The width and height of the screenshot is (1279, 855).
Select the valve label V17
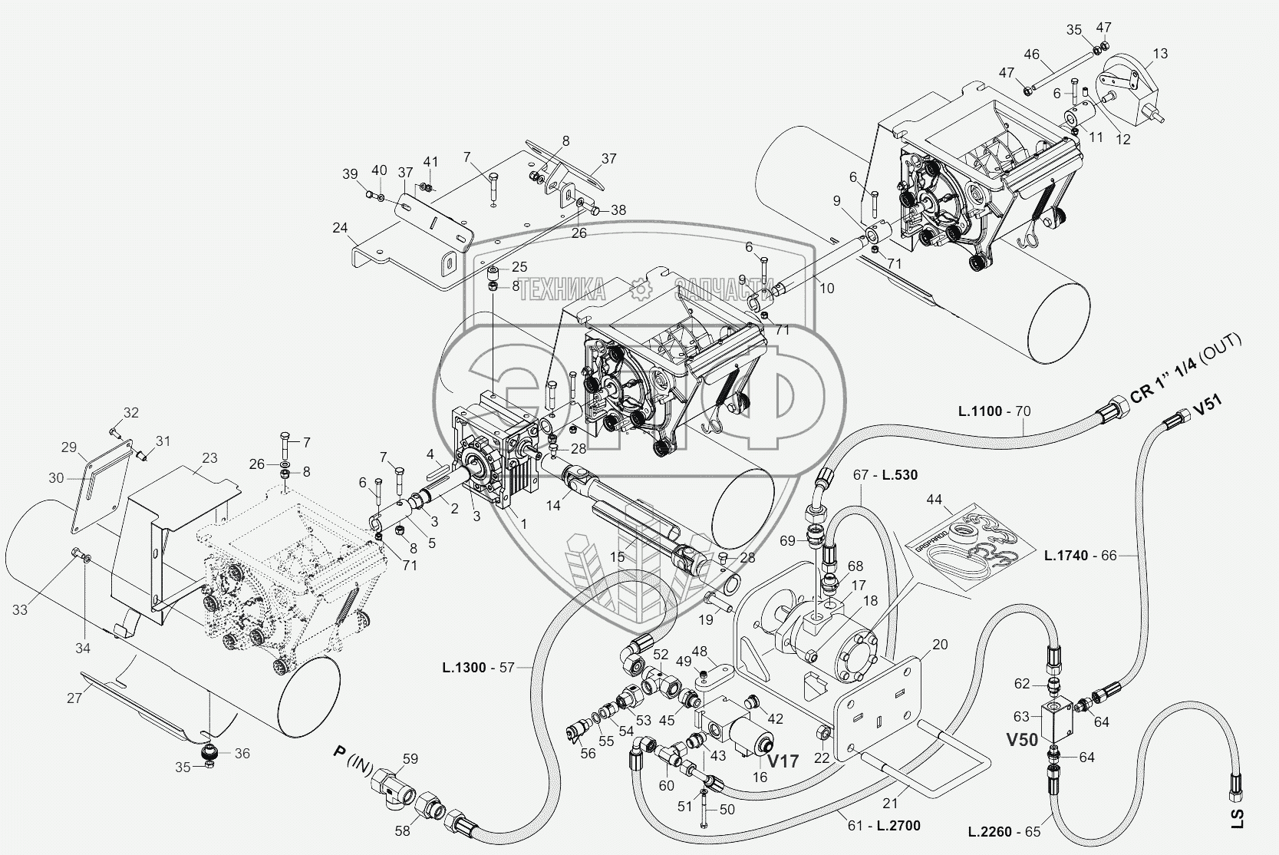tap(783, 761)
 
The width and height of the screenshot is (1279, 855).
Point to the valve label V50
tap(1022, 741)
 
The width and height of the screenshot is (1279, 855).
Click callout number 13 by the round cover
tap(1160, 54)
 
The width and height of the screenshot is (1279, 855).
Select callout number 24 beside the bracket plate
tap(341, 227)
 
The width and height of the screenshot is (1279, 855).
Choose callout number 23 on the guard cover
tap(209, 458)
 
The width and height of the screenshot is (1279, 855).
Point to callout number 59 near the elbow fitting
tap(410, 760)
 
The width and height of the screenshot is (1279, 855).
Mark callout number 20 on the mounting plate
tap(941, 645)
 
